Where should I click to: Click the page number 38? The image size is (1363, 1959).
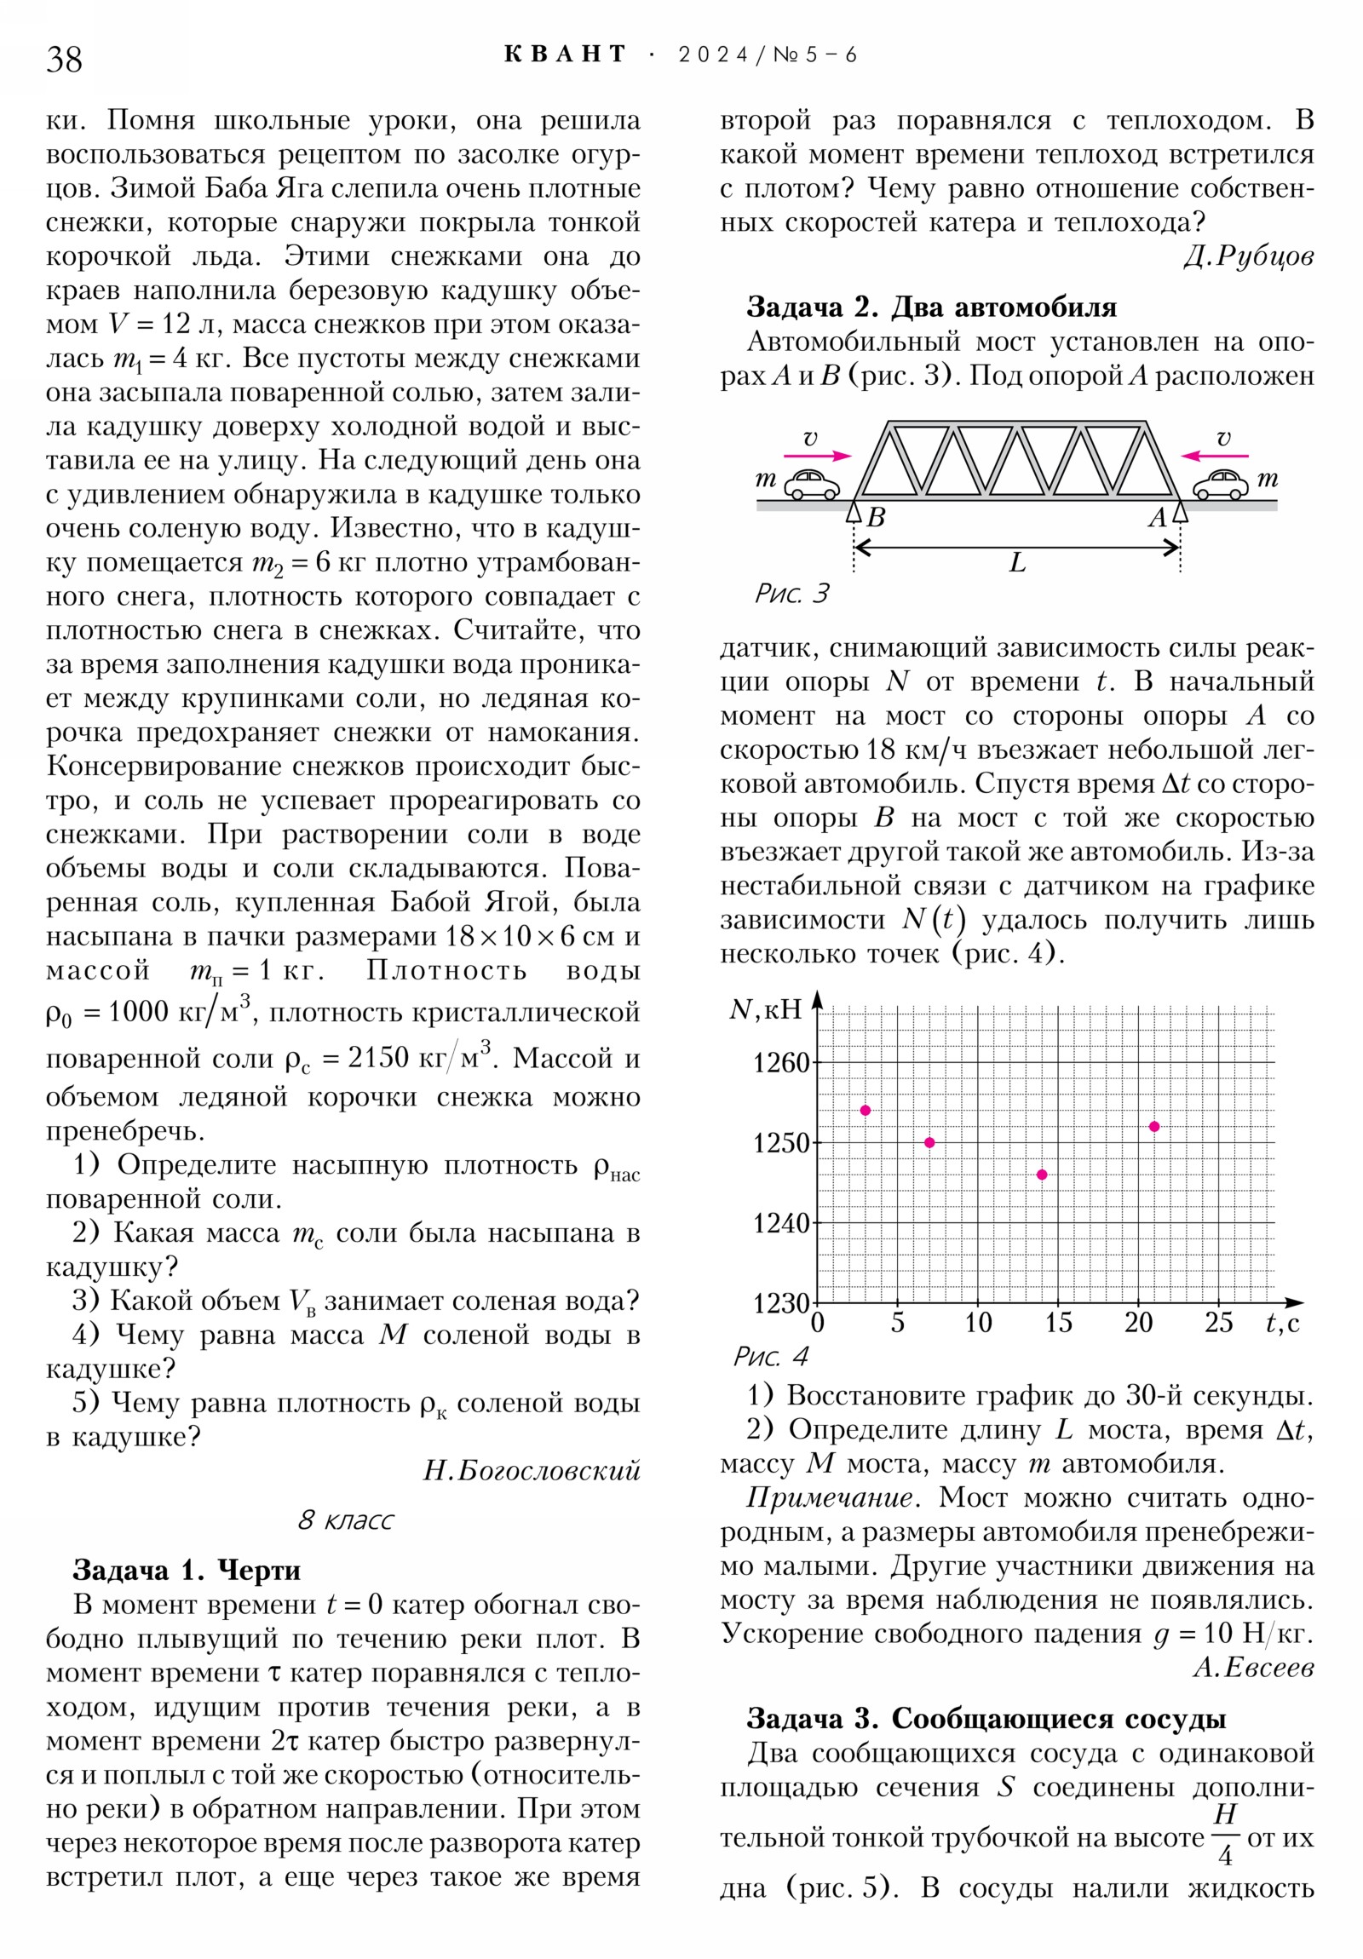point(64,60)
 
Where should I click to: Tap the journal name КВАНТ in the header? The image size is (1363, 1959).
point(565,55)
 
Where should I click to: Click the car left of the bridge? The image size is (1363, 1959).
point(812,485)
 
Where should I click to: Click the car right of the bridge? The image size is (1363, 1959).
point(1220,485)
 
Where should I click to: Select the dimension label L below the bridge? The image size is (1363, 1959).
point(1017,563)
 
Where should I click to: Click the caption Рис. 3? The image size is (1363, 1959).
point(791,594)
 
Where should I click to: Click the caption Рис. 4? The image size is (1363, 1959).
point(770,1357)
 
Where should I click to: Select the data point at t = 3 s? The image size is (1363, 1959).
point(866,1110)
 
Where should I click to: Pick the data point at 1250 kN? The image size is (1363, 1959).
point(929,1142)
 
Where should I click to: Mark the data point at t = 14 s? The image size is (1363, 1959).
point(1042,1175)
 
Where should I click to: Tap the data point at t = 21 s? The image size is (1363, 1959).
point(1155,1126)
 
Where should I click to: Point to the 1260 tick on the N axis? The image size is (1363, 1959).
point(780,1063)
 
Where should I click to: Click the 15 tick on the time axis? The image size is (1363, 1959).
point(1058,1324)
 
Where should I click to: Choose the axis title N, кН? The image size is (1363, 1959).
point(766,1010)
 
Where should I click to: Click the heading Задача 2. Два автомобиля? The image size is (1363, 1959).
point(931,307)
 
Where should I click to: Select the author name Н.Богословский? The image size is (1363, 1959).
point(531,1470)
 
